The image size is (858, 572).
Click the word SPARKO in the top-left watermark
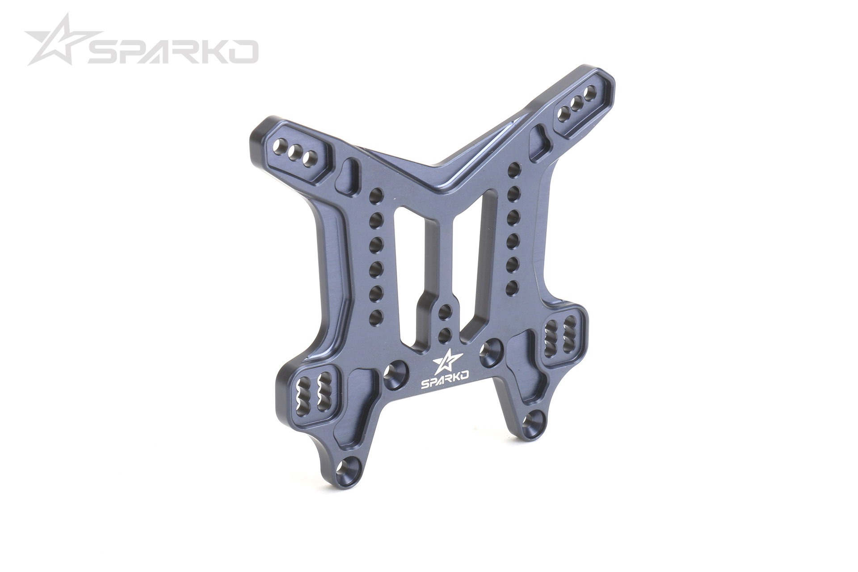172,52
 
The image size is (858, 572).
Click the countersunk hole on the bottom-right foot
533,421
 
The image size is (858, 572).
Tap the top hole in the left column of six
376,195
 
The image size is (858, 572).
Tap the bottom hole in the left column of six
376,317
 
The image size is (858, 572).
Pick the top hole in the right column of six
514,169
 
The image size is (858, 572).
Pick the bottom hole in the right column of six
513,286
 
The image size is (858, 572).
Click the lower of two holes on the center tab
444,335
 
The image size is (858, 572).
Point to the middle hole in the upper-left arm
294,153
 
